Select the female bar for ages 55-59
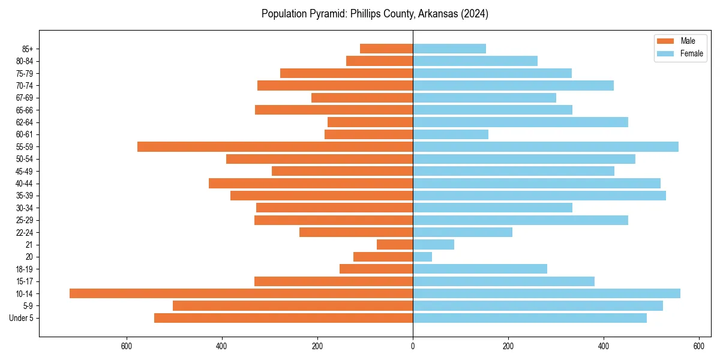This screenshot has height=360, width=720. [545, 147]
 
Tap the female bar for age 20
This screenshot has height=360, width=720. [422, 257]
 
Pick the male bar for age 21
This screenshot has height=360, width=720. [395, 245]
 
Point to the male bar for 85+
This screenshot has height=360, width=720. [386, 49]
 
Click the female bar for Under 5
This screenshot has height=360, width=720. [530, 318]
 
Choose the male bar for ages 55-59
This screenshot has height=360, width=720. [275, 147]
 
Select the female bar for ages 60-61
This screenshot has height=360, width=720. [451, 134]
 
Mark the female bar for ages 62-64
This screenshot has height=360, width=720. [520, 122]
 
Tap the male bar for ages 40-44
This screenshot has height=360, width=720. [311, 184]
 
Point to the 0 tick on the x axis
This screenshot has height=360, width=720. [413, 346]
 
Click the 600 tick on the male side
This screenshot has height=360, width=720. [127, 346]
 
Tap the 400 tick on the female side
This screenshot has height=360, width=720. [604, 346]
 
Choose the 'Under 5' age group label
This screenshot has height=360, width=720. [22, 318]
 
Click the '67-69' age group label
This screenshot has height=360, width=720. [25, 98]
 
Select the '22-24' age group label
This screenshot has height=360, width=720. [25, 232]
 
